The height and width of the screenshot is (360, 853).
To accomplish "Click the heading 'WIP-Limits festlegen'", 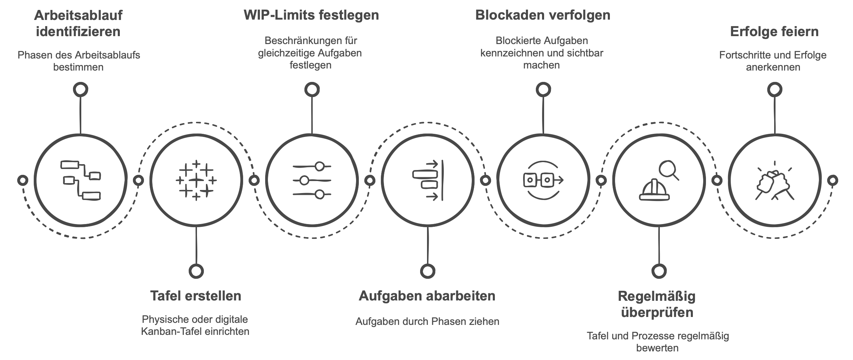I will point(311,15).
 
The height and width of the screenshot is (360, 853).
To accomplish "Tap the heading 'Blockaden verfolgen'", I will point(543,15).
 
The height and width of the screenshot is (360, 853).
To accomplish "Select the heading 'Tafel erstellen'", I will point(196,296).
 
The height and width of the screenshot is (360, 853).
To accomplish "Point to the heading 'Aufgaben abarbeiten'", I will point(427,296).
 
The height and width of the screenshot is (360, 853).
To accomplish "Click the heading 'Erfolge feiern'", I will point(774,32).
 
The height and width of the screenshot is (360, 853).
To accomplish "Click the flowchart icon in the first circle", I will point(81,180).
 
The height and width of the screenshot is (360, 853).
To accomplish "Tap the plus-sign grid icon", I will point(196,180).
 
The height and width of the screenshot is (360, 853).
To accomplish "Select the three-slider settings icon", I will point(312,180).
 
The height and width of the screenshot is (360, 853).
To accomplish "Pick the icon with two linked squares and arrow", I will point(543,180).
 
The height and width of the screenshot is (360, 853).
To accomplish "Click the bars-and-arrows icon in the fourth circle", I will point(427,180).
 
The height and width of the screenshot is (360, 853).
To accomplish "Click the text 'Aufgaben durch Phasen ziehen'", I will point(427,321).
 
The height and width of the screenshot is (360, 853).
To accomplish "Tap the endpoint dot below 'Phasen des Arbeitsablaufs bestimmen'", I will point(81,90).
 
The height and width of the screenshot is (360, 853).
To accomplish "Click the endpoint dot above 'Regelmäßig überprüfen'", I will point(659,271).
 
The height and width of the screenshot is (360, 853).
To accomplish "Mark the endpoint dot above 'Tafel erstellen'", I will point(196,271).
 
